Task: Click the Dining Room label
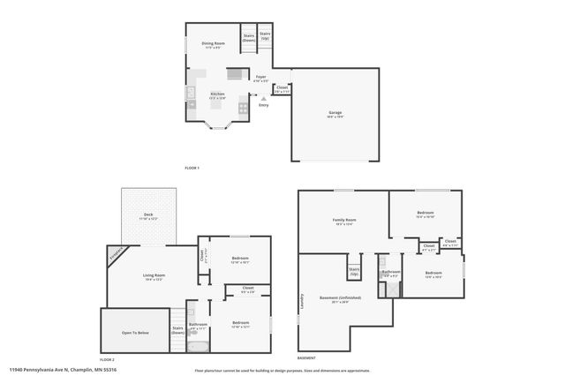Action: pos(213,43)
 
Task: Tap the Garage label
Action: pos(335,113)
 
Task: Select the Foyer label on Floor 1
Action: pos(261,78)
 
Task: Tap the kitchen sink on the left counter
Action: pos(191,93)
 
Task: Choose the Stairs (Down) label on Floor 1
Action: pos(249,38)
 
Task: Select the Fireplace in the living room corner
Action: pos(117,253)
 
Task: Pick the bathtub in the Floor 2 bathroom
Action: pos(198,345)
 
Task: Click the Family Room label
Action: pos(344,220)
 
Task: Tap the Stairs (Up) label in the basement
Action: pos(354,272)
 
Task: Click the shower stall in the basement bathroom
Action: pos(381,262)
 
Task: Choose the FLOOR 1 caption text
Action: pos(192,168)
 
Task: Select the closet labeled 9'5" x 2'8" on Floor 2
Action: pos(247,289)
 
